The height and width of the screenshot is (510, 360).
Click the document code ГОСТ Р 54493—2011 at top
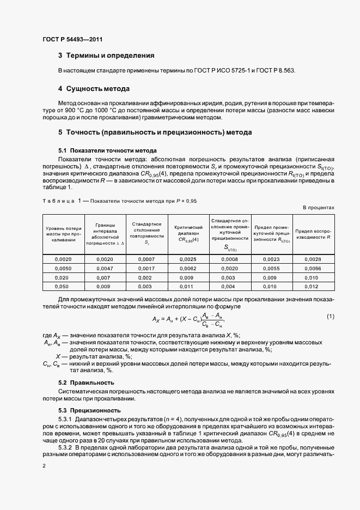[x=72, y=39]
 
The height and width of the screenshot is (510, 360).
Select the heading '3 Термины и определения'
[x=106, y=56]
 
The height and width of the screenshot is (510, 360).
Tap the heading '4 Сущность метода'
[x=94, y=88]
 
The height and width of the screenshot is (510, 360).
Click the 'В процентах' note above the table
[x=319, y=208]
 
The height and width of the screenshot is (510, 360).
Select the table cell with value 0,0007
[x=147, y=259]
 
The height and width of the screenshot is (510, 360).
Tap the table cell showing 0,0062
[x=188, y=269]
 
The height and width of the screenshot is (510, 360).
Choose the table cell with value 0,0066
[x=313, y=269]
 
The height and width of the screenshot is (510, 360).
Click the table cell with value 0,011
[x=188, y=286]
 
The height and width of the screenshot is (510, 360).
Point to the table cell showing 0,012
[x=313, y=286]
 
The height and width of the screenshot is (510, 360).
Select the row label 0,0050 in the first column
[x=63, y=269]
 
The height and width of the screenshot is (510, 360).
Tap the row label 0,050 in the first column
[x=63, y=286]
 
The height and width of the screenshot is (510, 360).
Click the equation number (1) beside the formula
[x=330, y=317]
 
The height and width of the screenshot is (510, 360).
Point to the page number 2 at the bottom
[x=44, y=466]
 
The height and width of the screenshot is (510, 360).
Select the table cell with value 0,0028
[x=313, y=259]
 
